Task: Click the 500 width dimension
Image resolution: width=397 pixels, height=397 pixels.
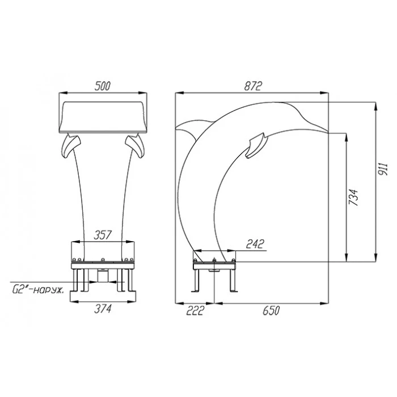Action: [103, 86]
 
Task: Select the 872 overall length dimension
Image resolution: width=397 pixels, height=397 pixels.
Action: [253, 86]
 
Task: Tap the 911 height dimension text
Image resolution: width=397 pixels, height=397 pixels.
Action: [383, 169]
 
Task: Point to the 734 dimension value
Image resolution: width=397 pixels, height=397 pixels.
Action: [353, 197]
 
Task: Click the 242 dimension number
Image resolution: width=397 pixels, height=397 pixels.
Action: [255, 244]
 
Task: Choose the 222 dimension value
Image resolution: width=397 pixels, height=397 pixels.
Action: [195, 310]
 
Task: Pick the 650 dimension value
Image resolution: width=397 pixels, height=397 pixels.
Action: [271, 310]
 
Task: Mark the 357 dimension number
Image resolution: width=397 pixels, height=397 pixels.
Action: [103, 235]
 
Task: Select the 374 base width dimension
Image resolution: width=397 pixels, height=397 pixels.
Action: [103, 309]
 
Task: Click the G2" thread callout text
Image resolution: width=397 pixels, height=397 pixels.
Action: [38, 290]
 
